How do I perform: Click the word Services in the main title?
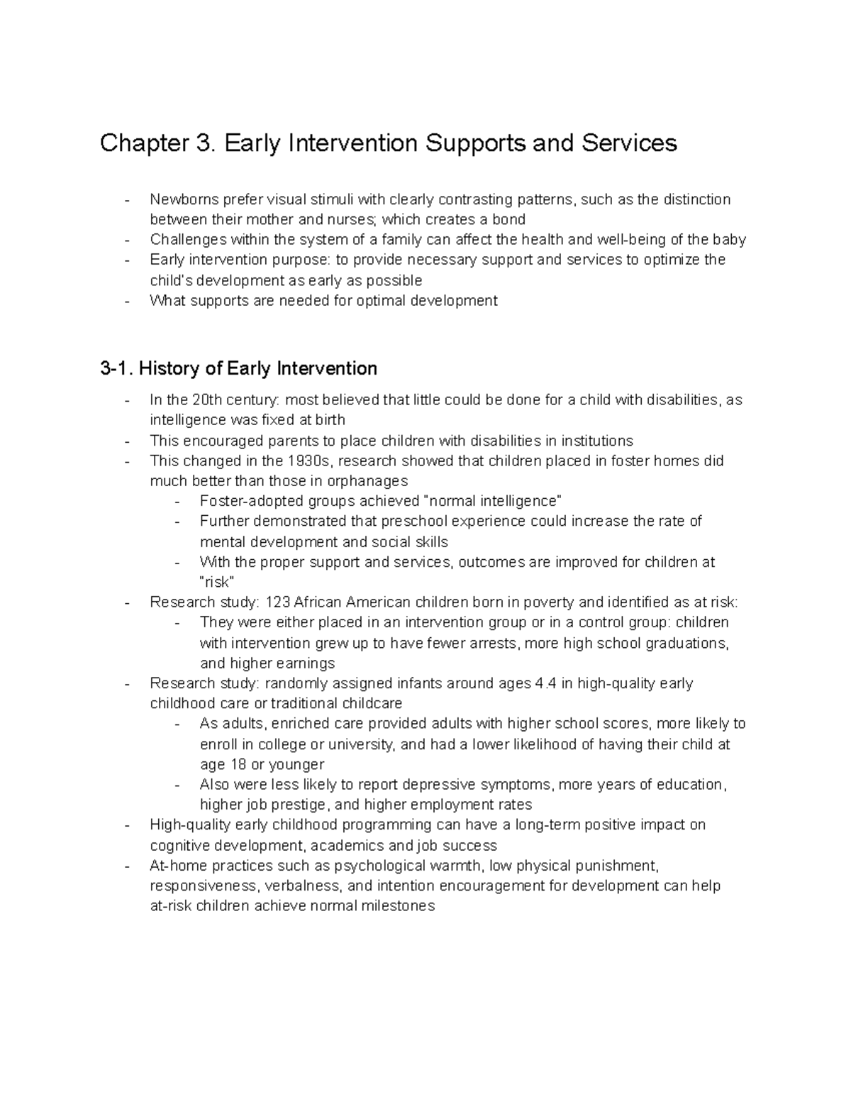click(629, 143)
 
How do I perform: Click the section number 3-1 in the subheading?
click(116, 368)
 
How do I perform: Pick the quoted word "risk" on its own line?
click(216, 583)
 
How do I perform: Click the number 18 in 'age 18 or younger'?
click(237, 765)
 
